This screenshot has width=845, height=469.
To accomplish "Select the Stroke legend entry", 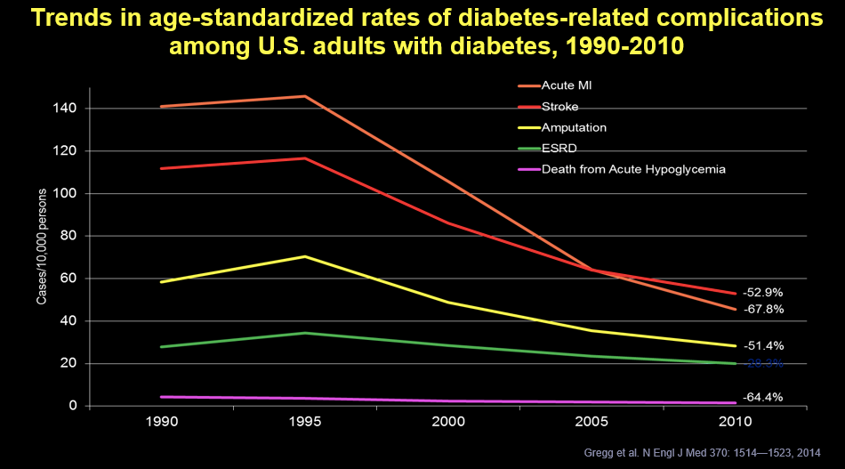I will click(x=560, y=107).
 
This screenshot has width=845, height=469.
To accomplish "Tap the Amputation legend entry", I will click(x=574, y=128).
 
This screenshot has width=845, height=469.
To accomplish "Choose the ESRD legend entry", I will click(x=557, y=149).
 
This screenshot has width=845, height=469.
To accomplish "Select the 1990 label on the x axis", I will click(x=160, y=423).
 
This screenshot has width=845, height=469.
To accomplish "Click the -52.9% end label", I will click(x=763, y=292).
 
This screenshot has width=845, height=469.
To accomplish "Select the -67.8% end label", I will click(x=763, y=309).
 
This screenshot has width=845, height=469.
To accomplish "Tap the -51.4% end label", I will click(x=763, y=345).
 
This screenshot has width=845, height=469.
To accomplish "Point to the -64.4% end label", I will click(x=763, y=397).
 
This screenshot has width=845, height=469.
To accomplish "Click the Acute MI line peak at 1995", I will click(x=305, y=96).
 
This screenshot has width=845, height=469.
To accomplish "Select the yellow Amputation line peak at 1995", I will click(x=305, y=256).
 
